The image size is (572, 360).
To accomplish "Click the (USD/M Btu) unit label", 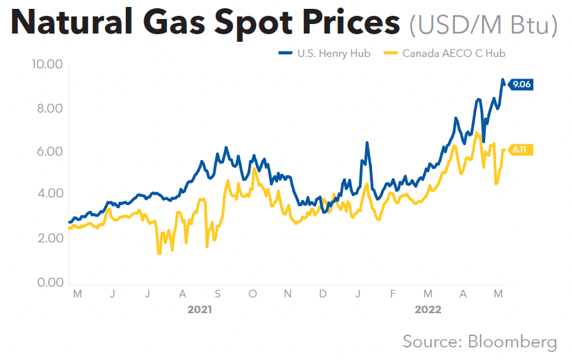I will coord(483,25).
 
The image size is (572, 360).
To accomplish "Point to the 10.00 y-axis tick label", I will coord(46,65).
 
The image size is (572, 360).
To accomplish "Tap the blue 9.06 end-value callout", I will coord(521,85).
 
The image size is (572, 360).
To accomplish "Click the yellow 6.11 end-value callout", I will coord(520,150).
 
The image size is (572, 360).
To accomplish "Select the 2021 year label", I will coord(200,310).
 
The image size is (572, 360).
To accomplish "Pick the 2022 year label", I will coord(428,310).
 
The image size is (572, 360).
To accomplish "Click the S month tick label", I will coord(218,294).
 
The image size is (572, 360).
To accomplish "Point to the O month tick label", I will coord(253,294).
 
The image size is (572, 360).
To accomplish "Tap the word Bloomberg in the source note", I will coord(513,342).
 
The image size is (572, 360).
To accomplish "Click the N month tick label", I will coord(288,294).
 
